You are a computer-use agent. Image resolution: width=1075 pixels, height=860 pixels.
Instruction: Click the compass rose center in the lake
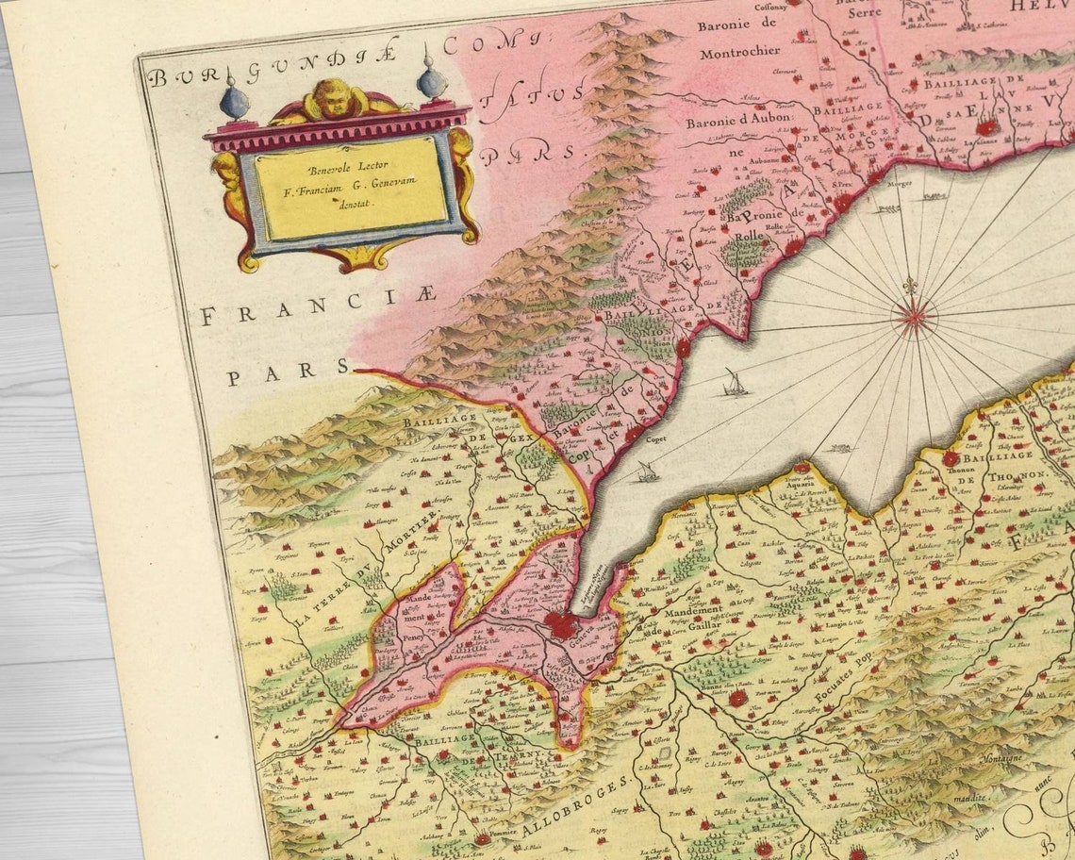(913, 315)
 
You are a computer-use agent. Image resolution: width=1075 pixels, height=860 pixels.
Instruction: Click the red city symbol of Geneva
(562, 622)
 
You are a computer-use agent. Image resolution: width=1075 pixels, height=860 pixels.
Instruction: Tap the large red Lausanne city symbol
(984, 126)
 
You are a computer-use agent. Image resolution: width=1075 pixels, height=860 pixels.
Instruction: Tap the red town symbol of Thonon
(950, 458)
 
